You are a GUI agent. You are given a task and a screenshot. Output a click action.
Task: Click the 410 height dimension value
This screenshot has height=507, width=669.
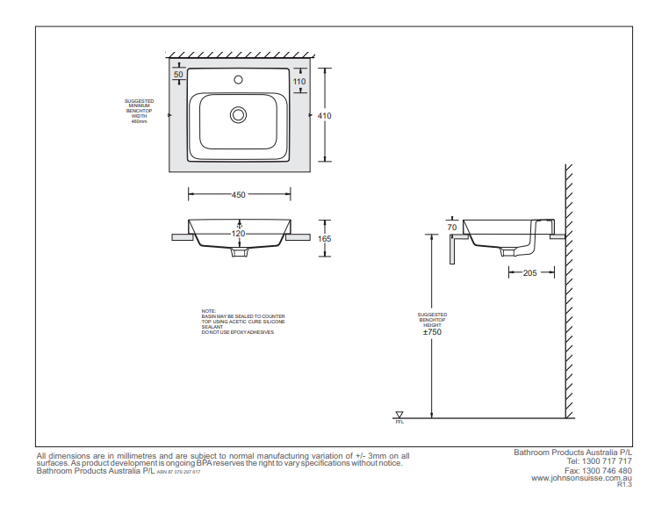(x=325, y=115)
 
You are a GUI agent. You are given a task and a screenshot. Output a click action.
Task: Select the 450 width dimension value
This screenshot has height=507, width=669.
(x=238, y=195)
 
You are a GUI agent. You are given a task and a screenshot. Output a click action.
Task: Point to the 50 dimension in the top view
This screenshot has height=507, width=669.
(x=179, y=75)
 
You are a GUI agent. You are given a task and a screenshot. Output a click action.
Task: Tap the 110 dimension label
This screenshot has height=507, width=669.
(x=299, y=81)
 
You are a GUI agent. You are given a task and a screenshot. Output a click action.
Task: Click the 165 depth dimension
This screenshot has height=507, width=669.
(x=325, y=238)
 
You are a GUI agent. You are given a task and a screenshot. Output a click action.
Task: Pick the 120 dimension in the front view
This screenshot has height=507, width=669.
(x=238, y=234)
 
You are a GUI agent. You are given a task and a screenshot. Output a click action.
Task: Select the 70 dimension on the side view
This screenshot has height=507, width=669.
(x=452, y=228)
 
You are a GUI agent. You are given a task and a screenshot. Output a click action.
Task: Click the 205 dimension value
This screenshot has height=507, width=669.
(x=529, y=273)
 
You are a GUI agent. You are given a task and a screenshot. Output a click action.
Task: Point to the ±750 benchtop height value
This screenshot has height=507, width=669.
(x=432, y=332)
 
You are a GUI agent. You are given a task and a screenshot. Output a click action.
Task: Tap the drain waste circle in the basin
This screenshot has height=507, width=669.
(x=238, y=115)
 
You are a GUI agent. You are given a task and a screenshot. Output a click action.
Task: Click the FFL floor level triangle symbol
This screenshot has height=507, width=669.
(x=399, y=415)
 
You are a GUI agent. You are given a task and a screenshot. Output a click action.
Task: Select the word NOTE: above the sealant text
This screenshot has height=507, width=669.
(x=208, y=311)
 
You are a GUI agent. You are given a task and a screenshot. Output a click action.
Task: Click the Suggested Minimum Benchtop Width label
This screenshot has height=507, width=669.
(x=139, y=112)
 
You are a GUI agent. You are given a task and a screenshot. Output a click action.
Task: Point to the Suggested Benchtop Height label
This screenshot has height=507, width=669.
(x=432, y=319)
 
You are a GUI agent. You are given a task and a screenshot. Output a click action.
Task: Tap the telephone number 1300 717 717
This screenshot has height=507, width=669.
(x=610, y=460)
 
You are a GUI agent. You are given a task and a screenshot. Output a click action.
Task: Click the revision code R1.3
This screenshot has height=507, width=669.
(x=624, y=484)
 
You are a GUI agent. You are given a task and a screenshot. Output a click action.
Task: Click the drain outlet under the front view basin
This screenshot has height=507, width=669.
(x=238, y=252)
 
